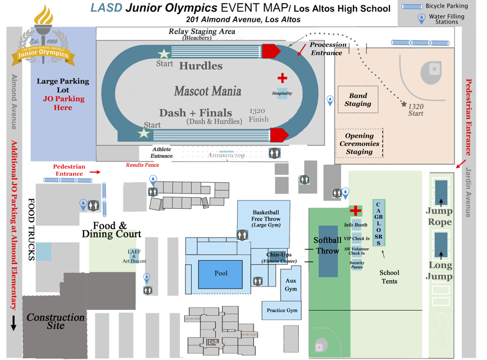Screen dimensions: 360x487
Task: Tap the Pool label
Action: coord(221,273)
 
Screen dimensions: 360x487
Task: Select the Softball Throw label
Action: coord(327,245)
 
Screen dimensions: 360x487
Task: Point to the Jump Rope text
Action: coord(439,216)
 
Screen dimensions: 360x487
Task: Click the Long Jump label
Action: coord(439,271)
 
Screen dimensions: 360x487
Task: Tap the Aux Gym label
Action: coord(291,285)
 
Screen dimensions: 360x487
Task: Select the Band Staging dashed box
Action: coord(358,99)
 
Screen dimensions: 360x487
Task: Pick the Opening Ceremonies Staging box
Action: coord(359,144)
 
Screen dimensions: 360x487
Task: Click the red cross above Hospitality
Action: coord(282,78)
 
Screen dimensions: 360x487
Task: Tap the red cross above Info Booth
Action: coord(355,211)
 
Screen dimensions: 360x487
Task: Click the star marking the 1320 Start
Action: coord(403,104)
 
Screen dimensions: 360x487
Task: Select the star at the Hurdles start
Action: coord(162,54)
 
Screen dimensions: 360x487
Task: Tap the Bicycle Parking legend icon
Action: coord(415,6)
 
